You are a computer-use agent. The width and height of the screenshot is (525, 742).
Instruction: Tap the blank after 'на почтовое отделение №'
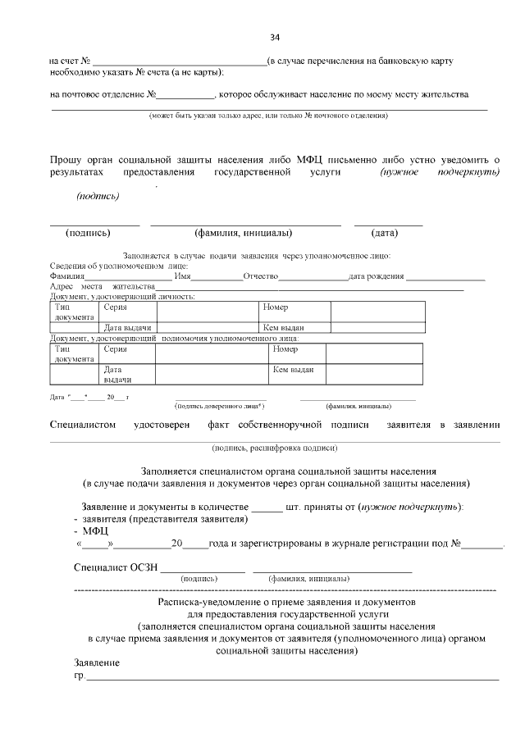coord(185,95)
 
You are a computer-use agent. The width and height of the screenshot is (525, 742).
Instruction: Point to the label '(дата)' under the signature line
coord(385,233)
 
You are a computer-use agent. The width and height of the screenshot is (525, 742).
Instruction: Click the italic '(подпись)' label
coord(98,196)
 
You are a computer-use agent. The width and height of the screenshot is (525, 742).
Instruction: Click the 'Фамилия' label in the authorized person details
coord(67,276)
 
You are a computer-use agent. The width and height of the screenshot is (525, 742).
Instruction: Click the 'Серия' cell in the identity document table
coord(116,307)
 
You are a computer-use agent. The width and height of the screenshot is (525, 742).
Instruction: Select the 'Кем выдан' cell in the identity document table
coord(278,328)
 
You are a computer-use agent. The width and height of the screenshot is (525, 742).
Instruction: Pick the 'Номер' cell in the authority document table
coord(285,349)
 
